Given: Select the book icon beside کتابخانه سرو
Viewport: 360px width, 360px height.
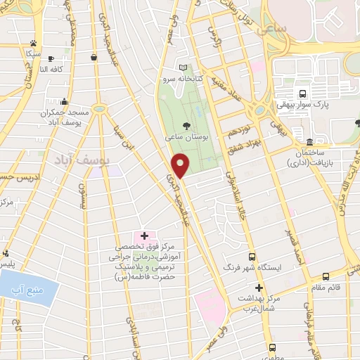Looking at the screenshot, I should click(184, 67).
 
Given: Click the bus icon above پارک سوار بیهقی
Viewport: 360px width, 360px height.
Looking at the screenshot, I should click(303, 94).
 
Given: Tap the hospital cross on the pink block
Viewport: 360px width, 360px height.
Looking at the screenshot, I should click(144, 236).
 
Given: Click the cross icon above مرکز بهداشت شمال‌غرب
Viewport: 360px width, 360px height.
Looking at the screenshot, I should click(259, 287).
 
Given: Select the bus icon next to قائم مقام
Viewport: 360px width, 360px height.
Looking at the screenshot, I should click(326, 276).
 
